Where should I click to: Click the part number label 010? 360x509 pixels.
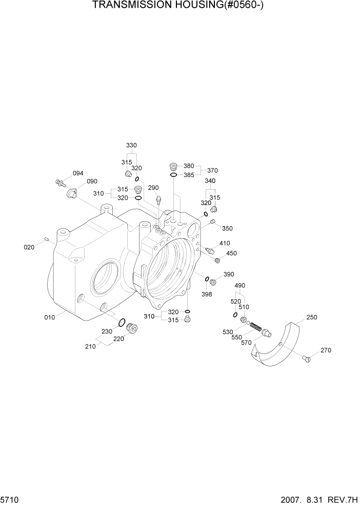49,318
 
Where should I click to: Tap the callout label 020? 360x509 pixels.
29,247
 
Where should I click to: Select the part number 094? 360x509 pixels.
78,173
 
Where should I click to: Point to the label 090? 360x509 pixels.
92,182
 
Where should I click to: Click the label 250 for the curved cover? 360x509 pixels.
311,317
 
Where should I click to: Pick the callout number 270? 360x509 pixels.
326,350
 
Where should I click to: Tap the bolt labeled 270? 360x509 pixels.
307,358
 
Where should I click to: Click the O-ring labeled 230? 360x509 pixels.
122,323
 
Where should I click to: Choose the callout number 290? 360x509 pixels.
153,188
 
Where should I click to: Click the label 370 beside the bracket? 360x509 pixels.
213,170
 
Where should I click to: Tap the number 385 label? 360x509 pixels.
189,175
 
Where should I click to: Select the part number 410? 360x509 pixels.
225,243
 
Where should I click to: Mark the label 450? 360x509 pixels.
231,253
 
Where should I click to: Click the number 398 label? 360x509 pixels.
207,295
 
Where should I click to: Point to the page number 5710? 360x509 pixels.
8,499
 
